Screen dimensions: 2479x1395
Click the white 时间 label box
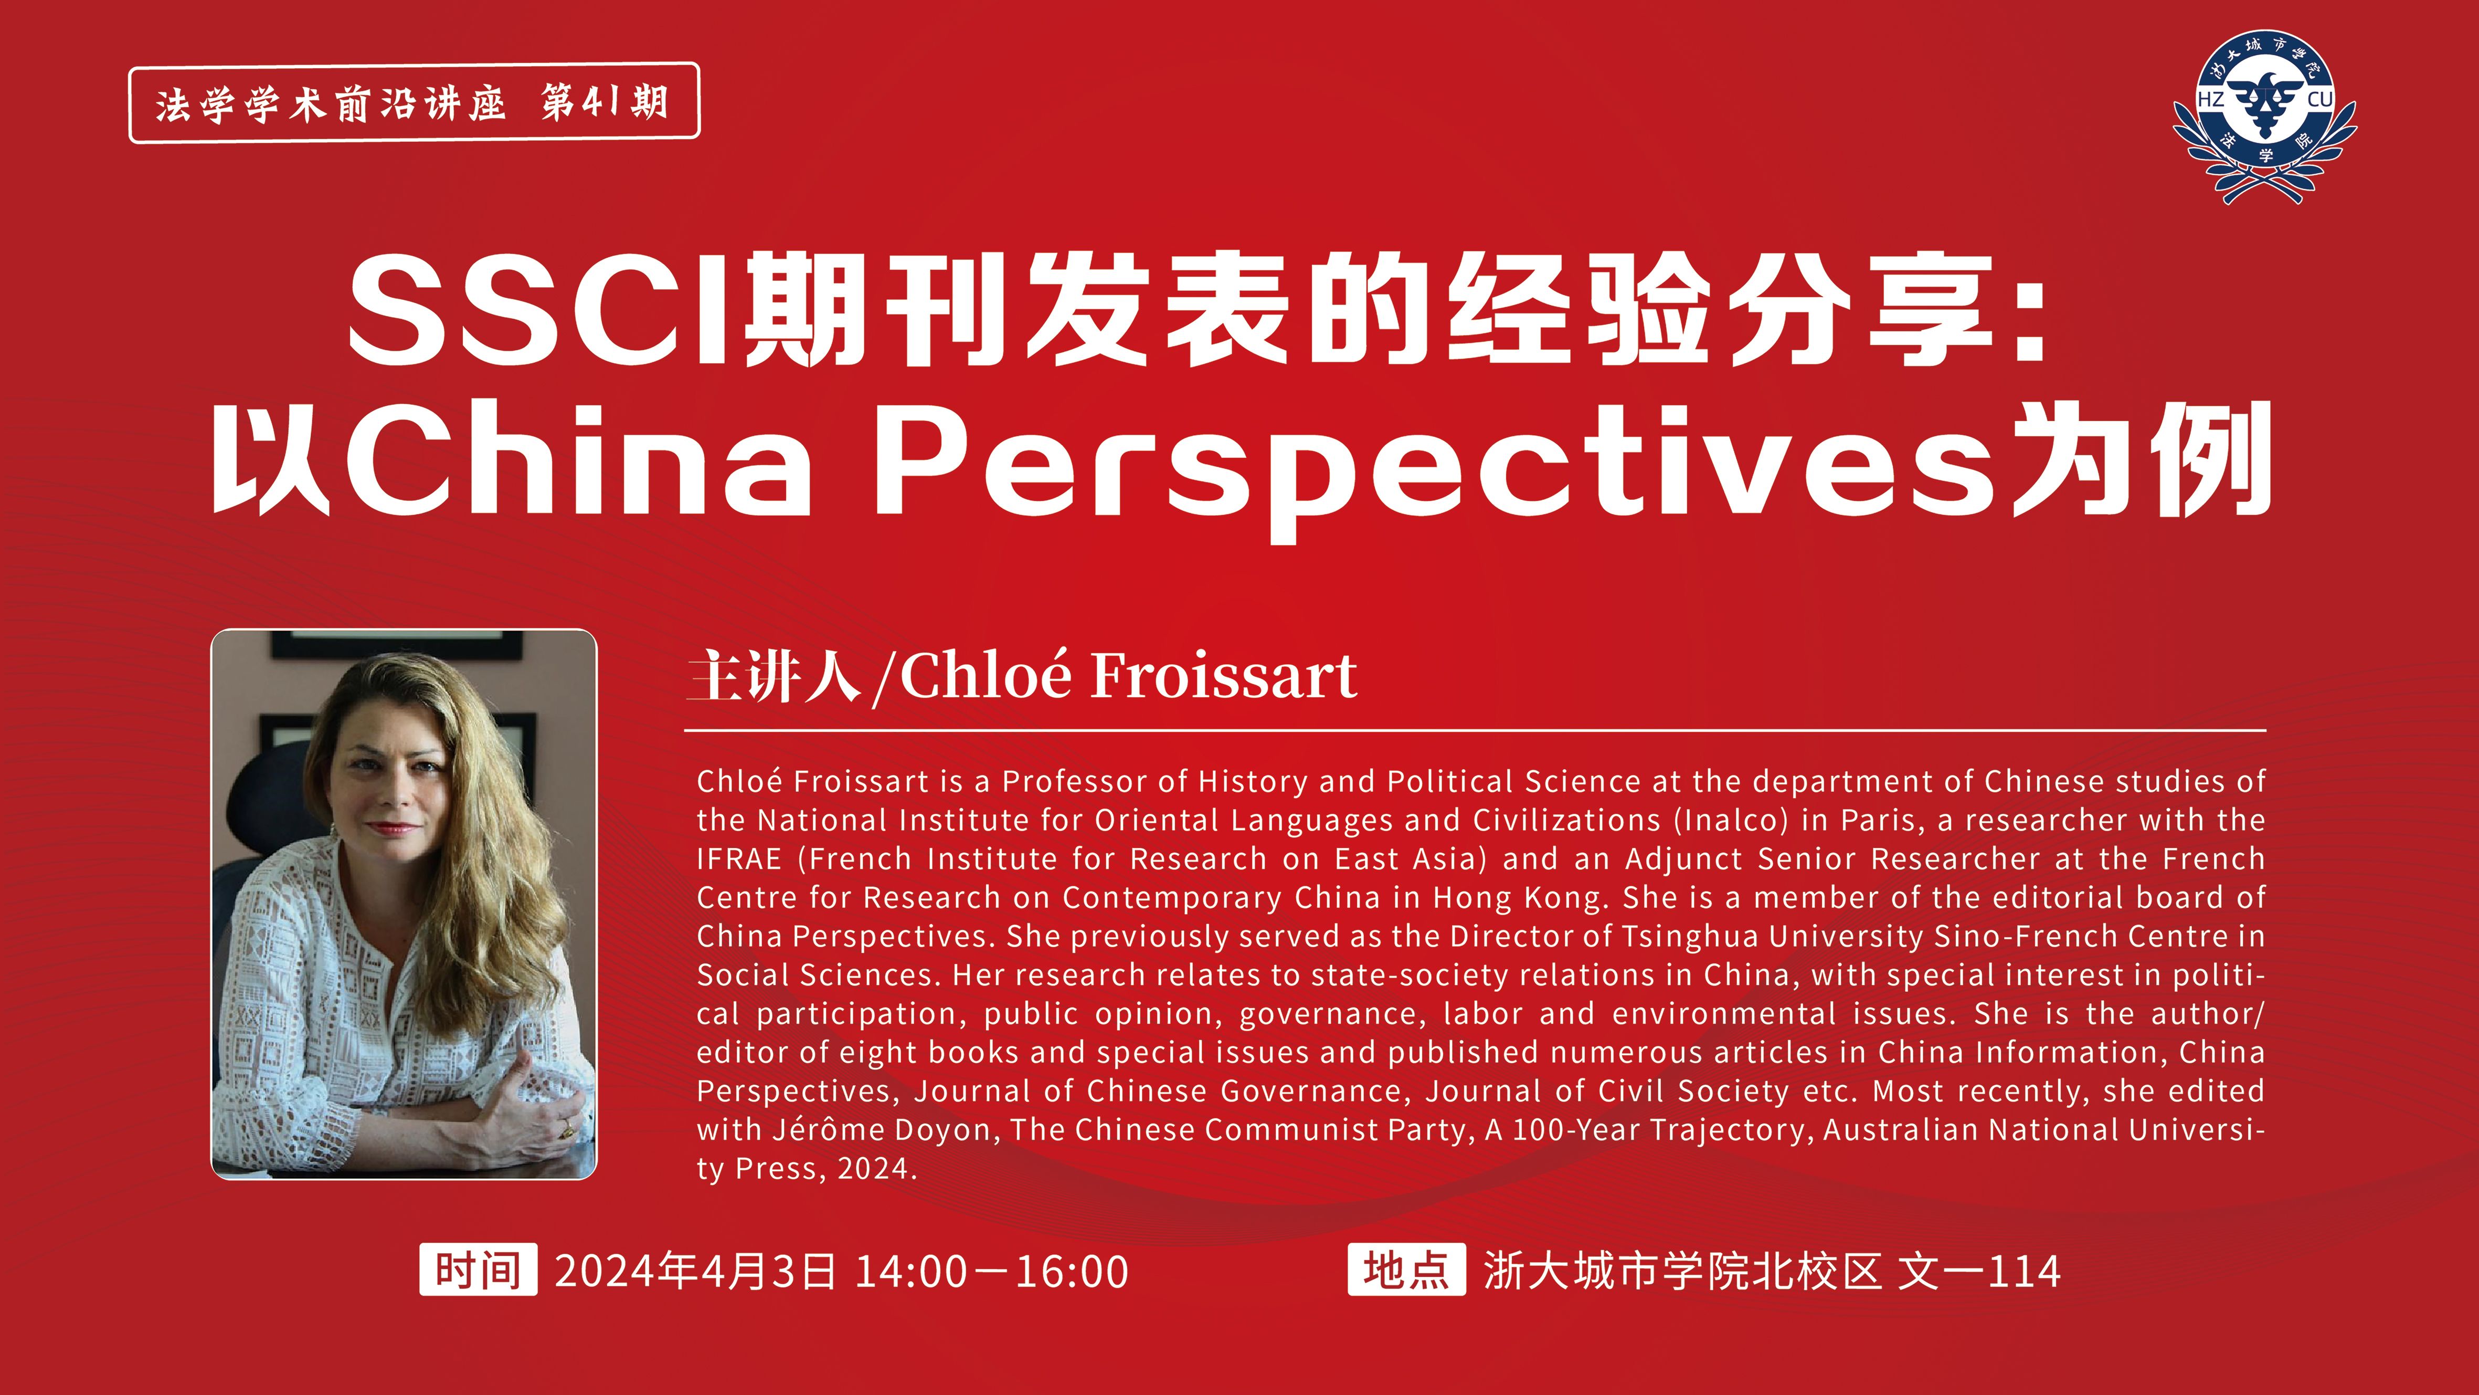[x=478, y=1270]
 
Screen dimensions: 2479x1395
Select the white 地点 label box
[x=1406, y=1270]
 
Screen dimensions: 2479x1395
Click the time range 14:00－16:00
[x=991, y=1271]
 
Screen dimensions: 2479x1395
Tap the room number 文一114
[x=1978, y=1271]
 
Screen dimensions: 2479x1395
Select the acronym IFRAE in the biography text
[x=739, y=859]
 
